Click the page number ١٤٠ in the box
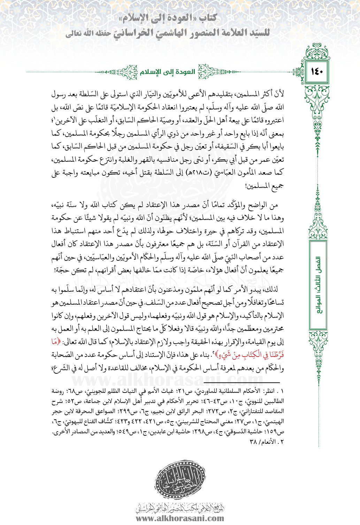click(317, 72)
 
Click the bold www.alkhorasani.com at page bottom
click(180, 518)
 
